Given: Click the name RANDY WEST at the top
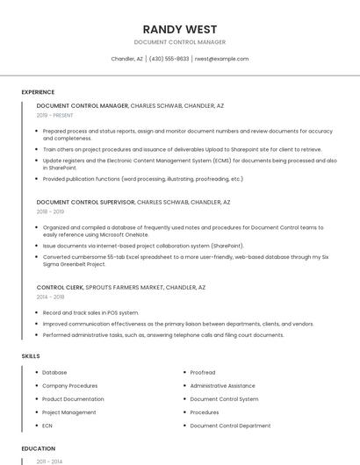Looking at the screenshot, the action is [x=179, y=29].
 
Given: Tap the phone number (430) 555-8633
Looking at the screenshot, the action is [x=169, y=59].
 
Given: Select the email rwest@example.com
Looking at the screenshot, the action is [x=221, y=59].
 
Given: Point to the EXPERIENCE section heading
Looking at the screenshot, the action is [x=38, y=92].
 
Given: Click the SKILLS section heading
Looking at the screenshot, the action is [x=31, y=356].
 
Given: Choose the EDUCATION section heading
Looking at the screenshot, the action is [x=38, y=448].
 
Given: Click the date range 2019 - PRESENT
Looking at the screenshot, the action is [x=55, y=115].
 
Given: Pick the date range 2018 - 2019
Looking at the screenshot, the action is [x=50, y=211].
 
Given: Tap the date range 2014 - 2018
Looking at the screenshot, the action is [x=50, y=297].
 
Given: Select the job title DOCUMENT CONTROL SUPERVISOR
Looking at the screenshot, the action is [x=86, y=202].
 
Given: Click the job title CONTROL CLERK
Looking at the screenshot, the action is [x=60, y=287].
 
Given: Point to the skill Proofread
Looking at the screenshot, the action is [x=203, y=372].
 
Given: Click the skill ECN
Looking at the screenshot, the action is [x=47, y=425].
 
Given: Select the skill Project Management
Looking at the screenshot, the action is [x=69, y=411].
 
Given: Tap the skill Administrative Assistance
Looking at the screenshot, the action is [x=222, y=385].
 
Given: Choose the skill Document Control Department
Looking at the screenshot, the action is [x=230, y=425].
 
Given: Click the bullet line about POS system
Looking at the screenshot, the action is [x=90, y=312].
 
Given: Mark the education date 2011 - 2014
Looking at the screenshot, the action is [x=49, y=461].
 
